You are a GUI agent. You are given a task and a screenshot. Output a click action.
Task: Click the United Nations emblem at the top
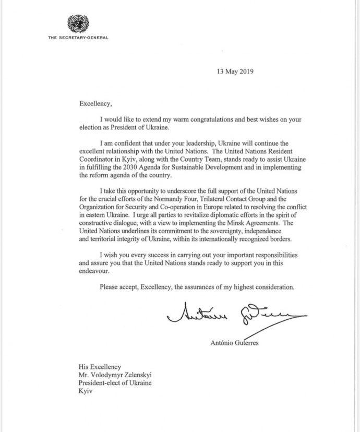tap(78, 24)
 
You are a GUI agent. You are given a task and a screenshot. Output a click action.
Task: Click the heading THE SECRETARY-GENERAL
tap(78, 38)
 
